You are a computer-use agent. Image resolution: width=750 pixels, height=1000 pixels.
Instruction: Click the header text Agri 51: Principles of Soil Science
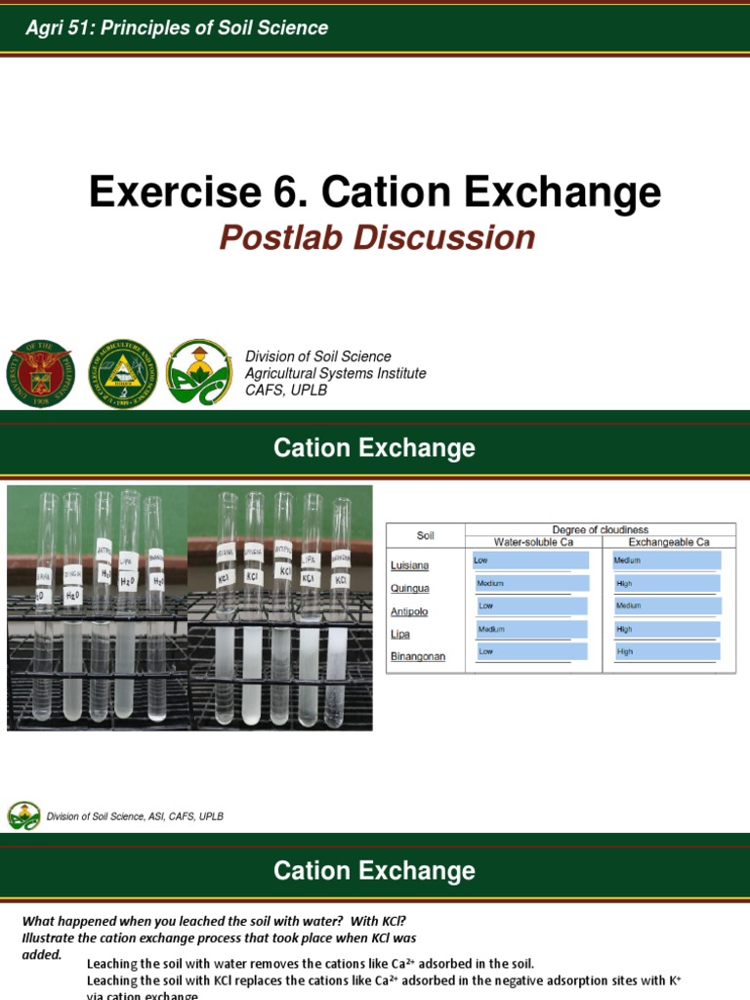[177, 28]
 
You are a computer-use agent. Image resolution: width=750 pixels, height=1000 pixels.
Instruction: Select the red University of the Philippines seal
[40, 373]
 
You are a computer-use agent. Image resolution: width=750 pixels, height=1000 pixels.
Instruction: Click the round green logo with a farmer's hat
[199, 372]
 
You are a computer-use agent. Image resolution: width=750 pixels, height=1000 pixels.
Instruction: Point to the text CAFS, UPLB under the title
[285, 390]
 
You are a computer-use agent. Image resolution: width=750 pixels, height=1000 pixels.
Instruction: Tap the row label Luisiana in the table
[409, 565]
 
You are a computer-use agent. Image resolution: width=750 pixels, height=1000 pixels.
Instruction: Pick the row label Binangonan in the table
[417, 656]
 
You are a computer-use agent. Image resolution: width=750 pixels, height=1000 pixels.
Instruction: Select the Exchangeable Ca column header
[668, 541]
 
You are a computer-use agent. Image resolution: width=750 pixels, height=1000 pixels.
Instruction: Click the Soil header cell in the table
[425, 535]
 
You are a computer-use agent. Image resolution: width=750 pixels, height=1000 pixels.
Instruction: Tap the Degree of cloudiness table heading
[600, 529]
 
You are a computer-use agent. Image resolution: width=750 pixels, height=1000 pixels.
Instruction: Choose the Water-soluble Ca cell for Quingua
[531, 583]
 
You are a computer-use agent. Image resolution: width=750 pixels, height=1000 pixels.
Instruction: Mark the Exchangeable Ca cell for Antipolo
[667, 605]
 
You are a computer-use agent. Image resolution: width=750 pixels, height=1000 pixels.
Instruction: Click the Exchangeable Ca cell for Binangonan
[667, 650]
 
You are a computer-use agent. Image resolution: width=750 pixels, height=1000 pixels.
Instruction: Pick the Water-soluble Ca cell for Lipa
[531, 628]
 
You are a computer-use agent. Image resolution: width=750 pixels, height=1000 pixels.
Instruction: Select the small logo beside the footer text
[24, 815]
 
